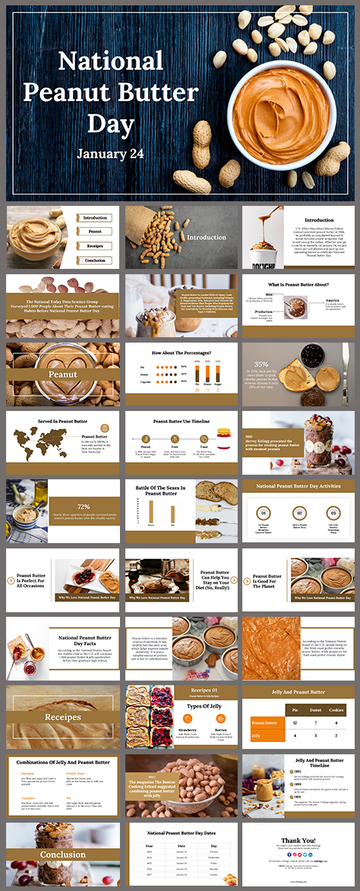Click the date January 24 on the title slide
click(111, 153)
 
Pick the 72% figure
click(84, 506)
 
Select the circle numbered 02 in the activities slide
click(298, 513)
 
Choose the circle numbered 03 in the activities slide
click(331, 513)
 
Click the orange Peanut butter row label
click(263, 722)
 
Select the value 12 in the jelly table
click(293, 722)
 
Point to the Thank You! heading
click(298, 840)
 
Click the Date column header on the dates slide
click(182, 845)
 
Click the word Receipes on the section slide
click(63, 717)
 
